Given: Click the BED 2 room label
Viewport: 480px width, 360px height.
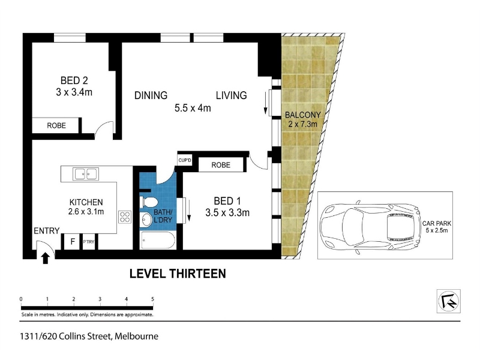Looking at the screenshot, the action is [74, 80].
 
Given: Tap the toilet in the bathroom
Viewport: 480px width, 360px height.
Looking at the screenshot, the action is [149, 202].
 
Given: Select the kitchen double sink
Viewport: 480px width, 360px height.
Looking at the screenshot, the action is [86, 174].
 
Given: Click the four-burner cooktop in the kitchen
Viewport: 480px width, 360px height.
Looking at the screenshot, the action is [125, 217].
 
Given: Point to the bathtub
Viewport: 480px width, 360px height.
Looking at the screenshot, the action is [158, 241].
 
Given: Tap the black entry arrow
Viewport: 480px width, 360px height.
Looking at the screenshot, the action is [46, 258].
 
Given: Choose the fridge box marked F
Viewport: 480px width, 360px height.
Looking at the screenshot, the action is [73, 242].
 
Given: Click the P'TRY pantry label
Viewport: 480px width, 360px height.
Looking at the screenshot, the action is [89, 242].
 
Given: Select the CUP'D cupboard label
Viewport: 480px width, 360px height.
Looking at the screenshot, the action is [185, 160].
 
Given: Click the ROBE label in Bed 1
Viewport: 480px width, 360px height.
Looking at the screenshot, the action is [221, 165].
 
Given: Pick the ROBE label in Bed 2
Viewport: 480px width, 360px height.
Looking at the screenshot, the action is [56, 125].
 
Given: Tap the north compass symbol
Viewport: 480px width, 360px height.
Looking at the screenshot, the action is [448, 301].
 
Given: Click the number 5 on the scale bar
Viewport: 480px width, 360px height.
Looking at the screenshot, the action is [152, 299].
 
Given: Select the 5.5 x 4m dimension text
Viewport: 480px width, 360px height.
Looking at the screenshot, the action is [193, 108].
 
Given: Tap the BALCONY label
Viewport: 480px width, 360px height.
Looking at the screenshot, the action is [303, 115].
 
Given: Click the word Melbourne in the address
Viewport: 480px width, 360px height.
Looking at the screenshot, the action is [137, 337].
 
